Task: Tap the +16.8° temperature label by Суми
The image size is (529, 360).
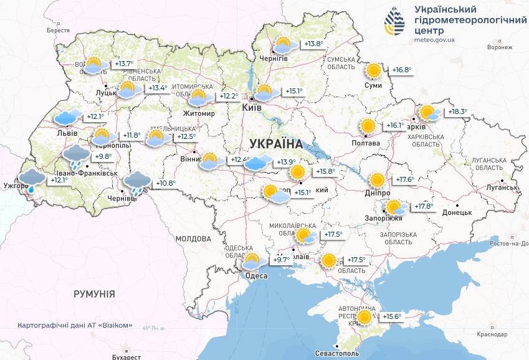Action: (401, 70)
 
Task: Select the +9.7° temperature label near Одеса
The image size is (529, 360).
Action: (281, 260)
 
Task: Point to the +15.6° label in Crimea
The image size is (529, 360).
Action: (393, 317)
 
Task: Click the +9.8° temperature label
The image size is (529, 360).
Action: (103, 156)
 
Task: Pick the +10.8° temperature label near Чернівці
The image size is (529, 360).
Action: (165, 183)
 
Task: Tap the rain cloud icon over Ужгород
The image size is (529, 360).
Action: (31, 179)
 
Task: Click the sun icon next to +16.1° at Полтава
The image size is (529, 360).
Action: (368, 126)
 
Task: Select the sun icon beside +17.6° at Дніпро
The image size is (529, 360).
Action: (377, 180)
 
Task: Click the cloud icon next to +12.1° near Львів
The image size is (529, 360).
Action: (67, 116)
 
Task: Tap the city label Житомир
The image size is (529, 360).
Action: (199, 113)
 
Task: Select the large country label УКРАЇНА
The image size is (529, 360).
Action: (275, 144)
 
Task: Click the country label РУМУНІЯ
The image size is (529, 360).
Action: (94, 293)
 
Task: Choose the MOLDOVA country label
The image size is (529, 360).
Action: (194, 238)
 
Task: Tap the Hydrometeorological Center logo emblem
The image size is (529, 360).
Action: (394, 22)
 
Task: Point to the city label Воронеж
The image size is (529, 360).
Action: (500, 47)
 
